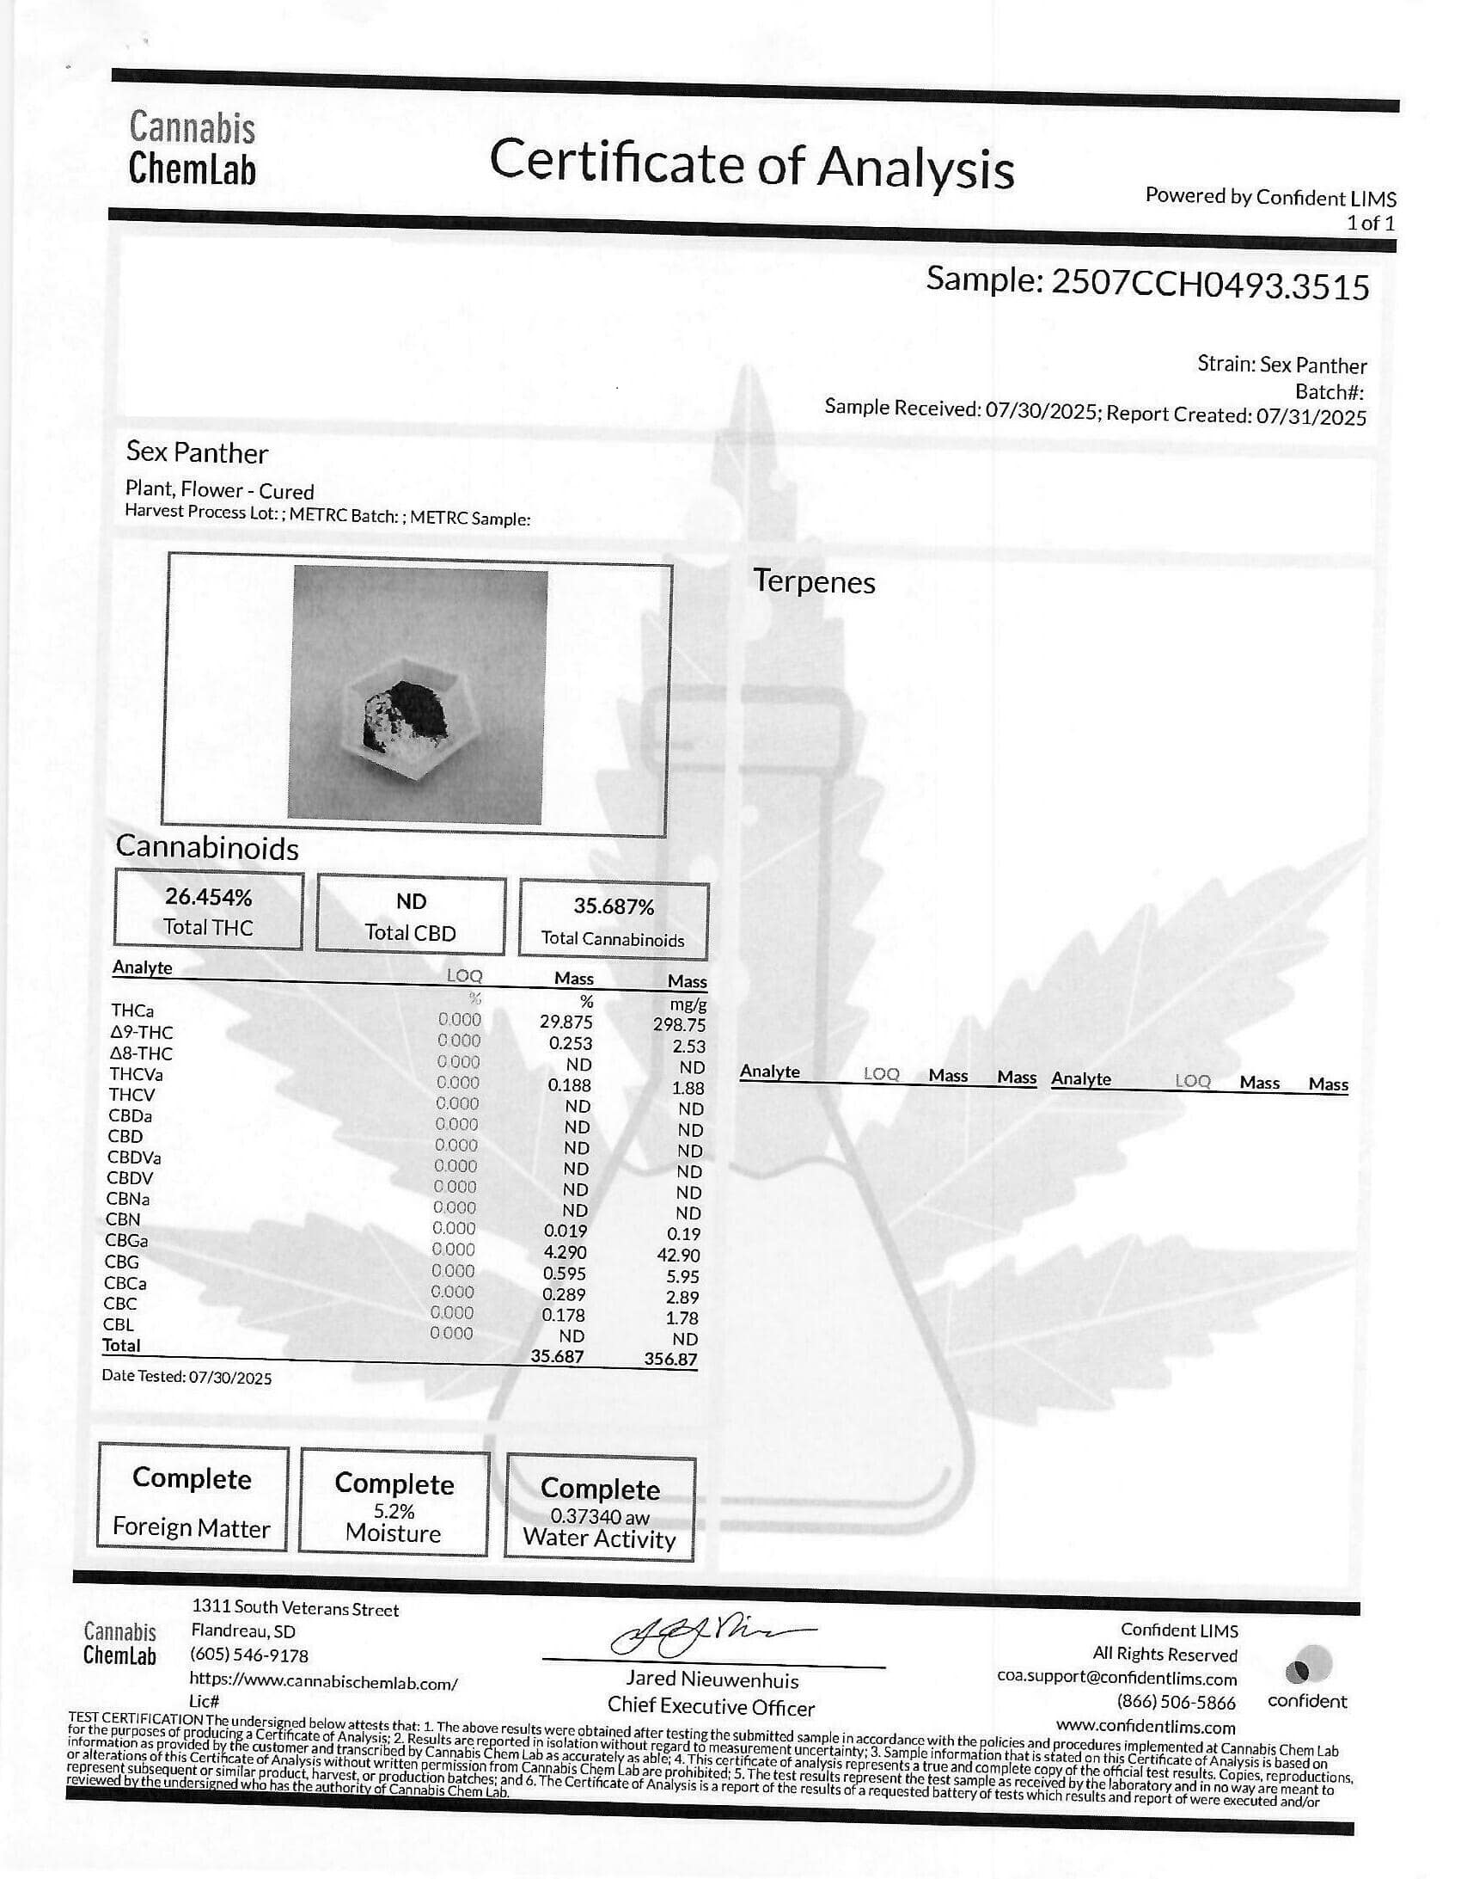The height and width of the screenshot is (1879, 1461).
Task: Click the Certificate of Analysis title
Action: pos(751,163)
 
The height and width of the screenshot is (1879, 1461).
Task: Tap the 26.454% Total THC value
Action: pos(208,897)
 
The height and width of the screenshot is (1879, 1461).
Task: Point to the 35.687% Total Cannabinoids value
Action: pos(613,906)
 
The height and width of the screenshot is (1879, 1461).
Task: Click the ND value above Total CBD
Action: pos(410,900)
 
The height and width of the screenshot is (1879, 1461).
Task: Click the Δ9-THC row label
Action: pos(141,1032)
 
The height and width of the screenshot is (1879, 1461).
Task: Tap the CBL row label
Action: pos(119,1325)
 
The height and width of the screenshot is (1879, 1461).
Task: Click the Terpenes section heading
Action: pos(814,581)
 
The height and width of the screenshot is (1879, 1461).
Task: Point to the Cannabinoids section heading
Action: pos(207,848)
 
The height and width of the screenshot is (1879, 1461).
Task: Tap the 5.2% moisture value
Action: pos(394,1511)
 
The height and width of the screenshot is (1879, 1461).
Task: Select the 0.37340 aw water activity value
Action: pos(599,1517)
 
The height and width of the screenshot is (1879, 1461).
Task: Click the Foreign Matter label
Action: pos(191,1528)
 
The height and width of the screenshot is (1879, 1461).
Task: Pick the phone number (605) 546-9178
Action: pos(248,1655)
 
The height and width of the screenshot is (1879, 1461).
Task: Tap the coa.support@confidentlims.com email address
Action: pos(1116,1679)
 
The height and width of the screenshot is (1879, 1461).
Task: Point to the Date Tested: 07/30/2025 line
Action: pos(186,1378)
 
